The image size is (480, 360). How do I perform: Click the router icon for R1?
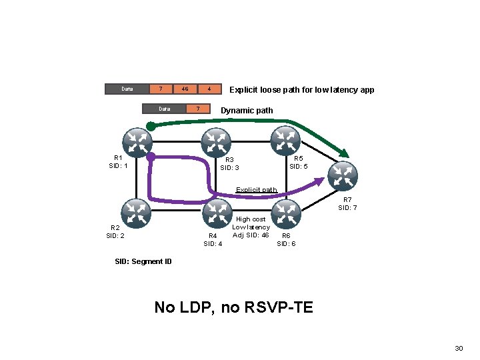tap(137, 142)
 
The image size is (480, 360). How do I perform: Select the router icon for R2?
tap(137, 213)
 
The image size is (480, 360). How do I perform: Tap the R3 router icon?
tap(216, 142)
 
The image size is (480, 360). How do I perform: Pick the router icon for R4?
tap(216, 213)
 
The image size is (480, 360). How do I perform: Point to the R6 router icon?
tap(287, 213)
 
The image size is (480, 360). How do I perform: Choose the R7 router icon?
tap(343, 175)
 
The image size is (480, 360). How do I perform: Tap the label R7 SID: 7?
tap(347, 204)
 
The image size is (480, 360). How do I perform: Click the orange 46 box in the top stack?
tap(185, 89)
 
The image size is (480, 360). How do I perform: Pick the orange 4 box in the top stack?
tap(209, 89)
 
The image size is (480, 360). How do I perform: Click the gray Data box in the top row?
tap(126, 89)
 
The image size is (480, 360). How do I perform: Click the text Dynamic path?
tap(247, 110)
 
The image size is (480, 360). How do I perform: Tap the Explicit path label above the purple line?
tap(257, 190)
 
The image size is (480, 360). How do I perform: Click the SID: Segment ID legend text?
tap(144, 261)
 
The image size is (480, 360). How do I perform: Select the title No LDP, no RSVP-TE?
tap(233, 307)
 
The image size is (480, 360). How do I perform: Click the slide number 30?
tap(458, 349)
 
